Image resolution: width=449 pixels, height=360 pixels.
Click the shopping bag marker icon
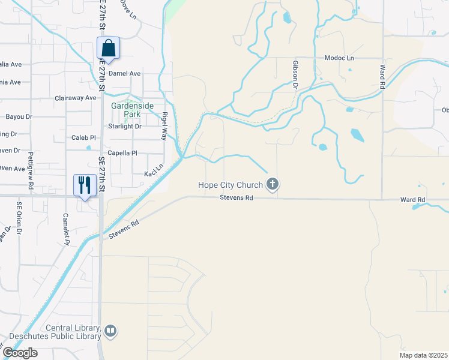pyautogui.click(x=109, y=47)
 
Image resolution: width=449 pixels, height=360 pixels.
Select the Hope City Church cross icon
pyautogui.click(x=273, y=184)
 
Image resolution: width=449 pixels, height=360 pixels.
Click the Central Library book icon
pyautogui.click(x=110, y=331)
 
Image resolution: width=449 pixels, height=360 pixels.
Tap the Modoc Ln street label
pyautogui.click(x=339, y=58)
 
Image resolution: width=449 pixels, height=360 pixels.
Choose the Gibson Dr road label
pyautogui.click(x=295, y=74)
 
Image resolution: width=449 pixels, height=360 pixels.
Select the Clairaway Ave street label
pyautogui.click(x=76, y=97)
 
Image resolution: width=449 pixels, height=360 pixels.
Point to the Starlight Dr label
pyautogui.click(x=124, y=126)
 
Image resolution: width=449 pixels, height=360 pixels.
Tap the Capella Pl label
pyautogui.click(x=122, y=153)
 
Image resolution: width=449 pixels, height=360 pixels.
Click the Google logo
pyautogui.click(x=20, y=353)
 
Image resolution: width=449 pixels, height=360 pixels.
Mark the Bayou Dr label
pyautogui.click(x=18, y=116)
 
